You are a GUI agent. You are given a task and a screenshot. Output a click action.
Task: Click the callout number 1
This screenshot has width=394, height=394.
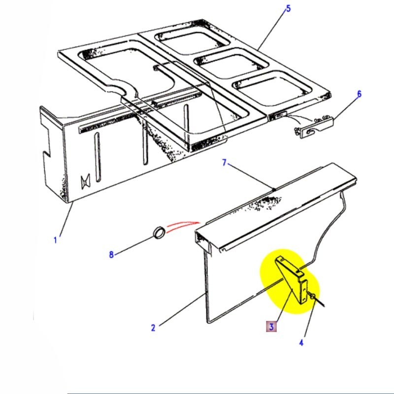pyautogui.click(x=56, y=241)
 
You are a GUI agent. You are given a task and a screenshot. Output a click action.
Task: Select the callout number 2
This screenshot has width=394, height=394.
pyautogui.click(x=153, y=327)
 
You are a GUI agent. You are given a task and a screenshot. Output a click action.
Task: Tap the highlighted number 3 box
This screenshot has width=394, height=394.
pyautogui.click(x=271, y=326)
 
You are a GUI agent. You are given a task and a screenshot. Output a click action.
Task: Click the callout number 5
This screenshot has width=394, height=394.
pyautogui.click(x=289, y=8)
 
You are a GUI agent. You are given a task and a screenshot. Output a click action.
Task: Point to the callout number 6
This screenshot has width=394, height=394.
pyautogui.click(x=359, y=94)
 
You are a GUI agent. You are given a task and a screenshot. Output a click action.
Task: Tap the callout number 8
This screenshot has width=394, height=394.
pyautogui.click(x=111, y=255)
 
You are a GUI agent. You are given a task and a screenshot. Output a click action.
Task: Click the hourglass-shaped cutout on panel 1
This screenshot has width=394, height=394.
pyautogui.click(x=85, y=182)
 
